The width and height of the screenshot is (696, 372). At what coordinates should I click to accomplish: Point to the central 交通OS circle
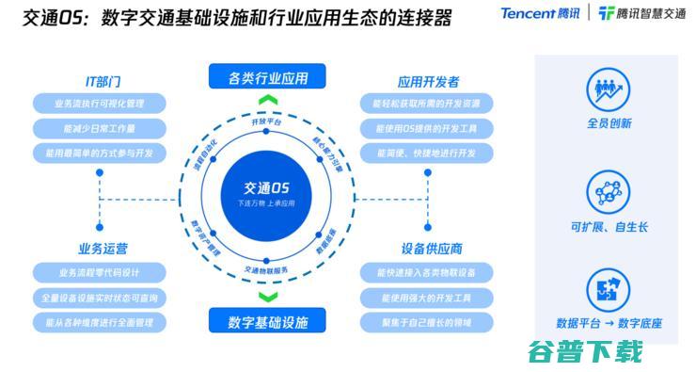pos(266,194)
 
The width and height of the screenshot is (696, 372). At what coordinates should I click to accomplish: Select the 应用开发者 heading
pos(429,82)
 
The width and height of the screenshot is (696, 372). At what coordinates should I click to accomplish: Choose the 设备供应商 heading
pos(432,249)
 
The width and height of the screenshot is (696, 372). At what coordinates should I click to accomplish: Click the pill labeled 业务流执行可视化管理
pos(100,103)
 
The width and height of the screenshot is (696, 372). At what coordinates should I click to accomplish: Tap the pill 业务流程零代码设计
pos(100,272)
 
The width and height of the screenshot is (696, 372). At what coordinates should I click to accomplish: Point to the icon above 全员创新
pos(609,90)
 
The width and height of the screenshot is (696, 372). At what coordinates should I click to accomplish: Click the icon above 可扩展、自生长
pos(609,192)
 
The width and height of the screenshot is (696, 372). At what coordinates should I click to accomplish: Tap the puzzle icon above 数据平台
pos(609,289)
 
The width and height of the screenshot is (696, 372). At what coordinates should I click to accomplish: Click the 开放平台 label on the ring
pos(267,122)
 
